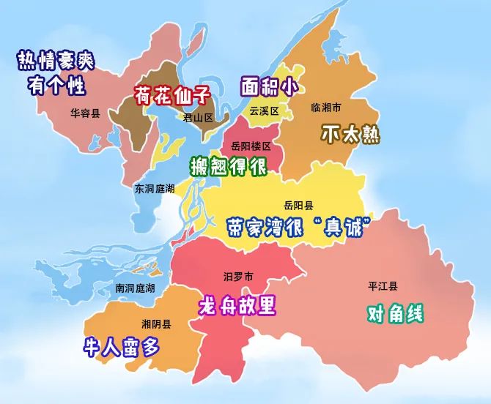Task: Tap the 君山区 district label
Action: (x=197, y=117)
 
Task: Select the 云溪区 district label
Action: (x=265, y=111)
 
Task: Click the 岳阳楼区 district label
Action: (x=251, y=146)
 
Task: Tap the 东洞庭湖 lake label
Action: (x=155, y=189)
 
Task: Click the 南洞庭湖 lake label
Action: (x=136, y=288)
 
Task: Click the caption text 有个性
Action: (x=56, y=86)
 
